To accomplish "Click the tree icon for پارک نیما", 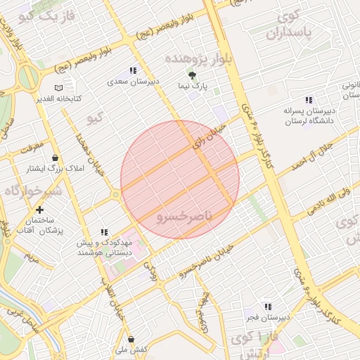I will point(191,75).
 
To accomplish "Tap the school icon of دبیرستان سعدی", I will point(133,71).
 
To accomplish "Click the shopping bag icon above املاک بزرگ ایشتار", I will point(56,157).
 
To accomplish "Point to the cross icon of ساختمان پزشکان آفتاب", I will point(39,210).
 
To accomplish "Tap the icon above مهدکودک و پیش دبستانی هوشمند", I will point(104,232).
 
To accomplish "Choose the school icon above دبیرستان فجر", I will point(268,306).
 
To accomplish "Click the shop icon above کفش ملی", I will point(124,337).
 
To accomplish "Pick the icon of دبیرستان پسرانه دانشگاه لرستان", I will point(309,100).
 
